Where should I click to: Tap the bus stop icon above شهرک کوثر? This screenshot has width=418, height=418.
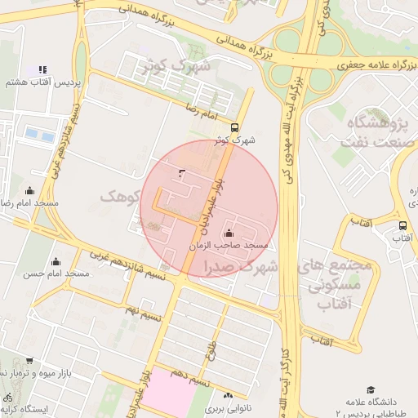[235, 127]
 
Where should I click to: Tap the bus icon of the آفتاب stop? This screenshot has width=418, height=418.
[402, 225]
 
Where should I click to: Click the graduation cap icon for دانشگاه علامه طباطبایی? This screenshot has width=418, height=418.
[371, 389]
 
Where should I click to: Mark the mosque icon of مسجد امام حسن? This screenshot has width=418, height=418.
[56, 261]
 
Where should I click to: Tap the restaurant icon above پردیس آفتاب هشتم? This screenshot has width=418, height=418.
[42, 69]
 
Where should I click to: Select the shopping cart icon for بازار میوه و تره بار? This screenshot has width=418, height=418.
[29, 360]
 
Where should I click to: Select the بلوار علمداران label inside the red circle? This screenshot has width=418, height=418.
[205, 203]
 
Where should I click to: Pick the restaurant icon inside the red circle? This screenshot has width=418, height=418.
[180, 172]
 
